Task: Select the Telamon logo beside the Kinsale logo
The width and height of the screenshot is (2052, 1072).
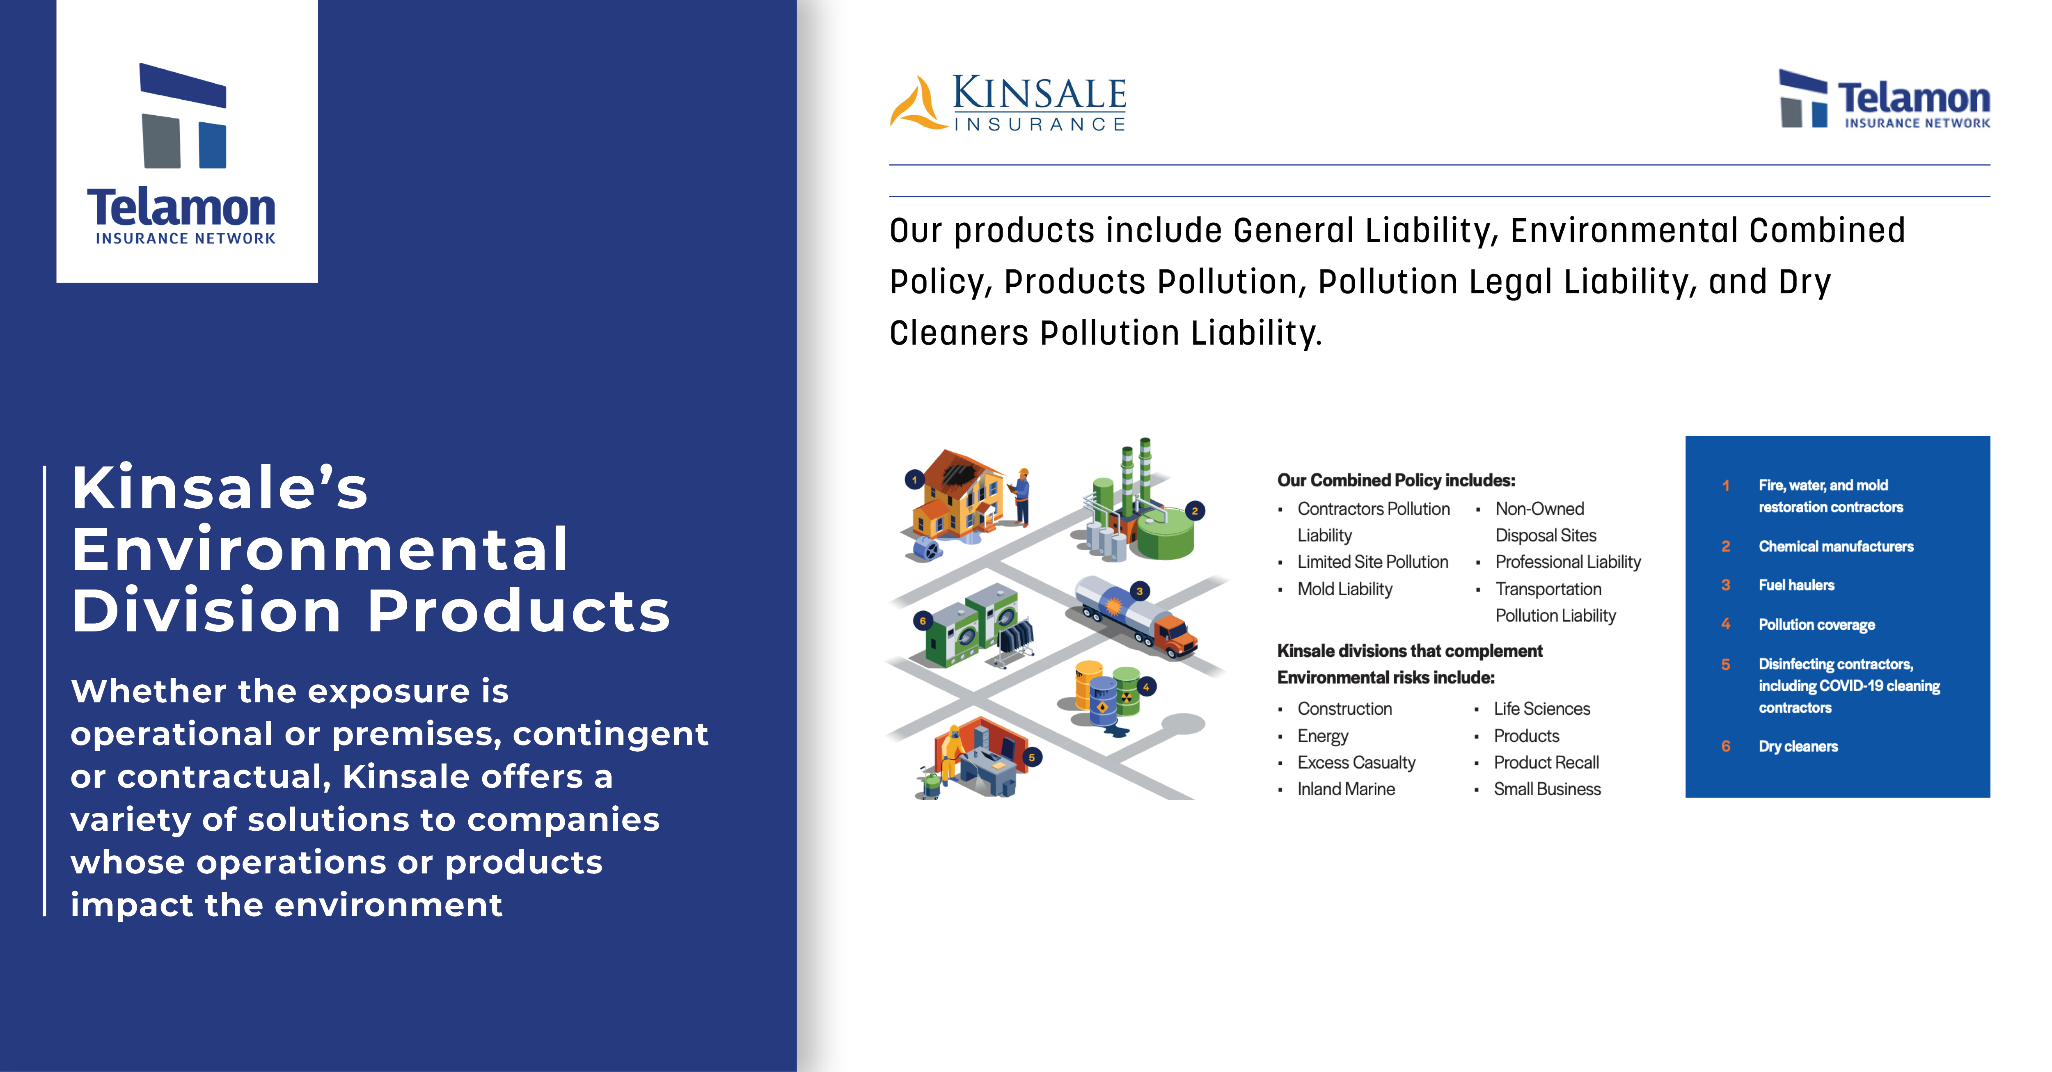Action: pyautogui.click(x=1885, y=99)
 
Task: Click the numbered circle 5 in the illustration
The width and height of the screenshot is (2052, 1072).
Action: pyautogui.click(x=1032, y=757)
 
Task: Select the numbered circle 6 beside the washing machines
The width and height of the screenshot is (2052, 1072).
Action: pyautogui.click(x=923, y=620)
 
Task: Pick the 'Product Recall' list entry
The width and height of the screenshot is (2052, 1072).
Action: pyautogui.click(x=1546, y=763)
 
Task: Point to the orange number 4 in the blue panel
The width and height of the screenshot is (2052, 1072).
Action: pyautogui.click(x=1725, y=624)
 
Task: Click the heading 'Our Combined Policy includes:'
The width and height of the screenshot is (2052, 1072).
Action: pyautogui.click(x=1396, y=480)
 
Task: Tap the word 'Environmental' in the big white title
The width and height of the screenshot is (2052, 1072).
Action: pyautogui.click(x=319, y=550)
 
